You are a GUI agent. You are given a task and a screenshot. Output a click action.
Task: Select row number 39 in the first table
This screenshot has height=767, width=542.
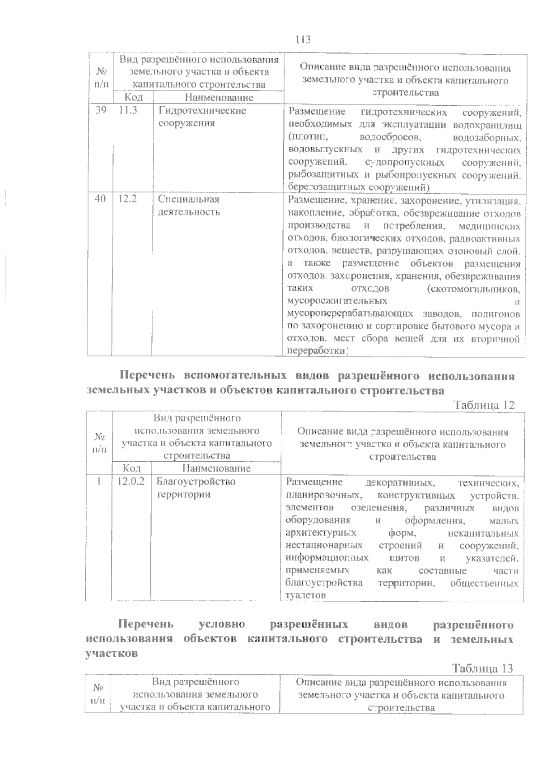tap(101, 111)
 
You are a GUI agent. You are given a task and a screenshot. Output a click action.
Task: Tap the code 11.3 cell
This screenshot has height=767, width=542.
tap(128, 111)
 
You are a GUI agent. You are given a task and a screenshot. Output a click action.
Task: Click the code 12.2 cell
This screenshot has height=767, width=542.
tap(128, 199)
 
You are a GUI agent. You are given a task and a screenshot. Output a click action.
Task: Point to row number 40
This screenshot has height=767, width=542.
tap(101, 199)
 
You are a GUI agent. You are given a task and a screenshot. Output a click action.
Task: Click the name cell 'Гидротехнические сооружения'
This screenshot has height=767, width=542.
tap(202, 117)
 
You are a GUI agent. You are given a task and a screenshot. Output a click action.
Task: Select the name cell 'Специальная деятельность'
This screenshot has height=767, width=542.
tap(189, 206)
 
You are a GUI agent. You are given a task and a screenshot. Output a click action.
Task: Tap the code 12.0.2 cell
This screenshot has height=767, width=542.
tap(131, 482)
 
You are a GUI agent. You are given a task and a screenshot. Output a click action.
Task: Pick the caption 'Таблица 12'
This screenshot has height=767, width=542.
tap(484, 405)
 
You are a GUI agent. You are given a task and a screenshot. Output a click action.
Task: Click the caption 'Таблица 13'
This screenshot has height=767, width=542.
tap(483, 668)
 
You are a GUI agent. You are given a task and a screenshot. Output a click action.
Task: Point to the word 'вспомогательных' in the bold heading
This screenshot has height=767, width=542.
tap(235, 376)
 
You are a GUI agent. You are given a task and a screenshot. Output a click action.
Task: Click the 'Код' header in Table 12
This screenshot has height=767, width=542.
tap(131, 468)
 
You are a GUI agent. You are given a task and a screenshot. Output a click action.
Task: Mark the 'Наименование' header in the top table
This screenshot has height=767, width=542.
tap(219, 97)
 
